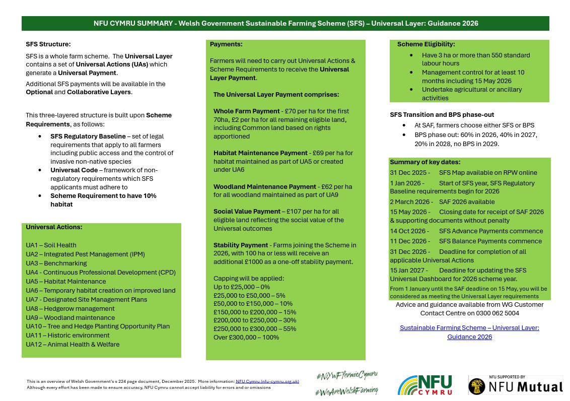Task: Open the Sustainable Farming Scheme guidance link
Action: click(x=469, y=332)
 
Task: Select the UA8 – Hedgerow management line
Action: click(x=70, y=308)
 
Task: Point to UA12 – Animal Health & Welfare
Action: click(x=73, y=345)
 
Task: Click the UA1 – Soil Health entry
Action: click(x=51, y=245)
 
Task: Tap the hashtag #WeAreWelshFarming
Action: click(x=347, y=391)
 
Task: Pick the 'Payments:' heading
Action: click(x=226, y=44)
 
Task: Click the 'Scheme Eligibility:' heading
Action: click(x=425, y=44)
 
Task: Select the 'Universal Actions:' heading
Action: click(x=54, y=227)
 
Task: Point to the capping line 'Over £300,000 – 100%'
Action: click(x=246, y=337)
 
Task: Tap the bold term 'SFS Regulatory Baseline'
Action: click(x=88, y=137)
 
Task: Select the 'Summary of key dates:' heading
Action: click(x=425, y=162)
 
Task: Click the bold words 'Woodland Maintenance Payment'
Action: click(x=265, y=187)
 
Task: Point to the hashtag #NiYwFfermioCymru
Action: click(x=347, y=375)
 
